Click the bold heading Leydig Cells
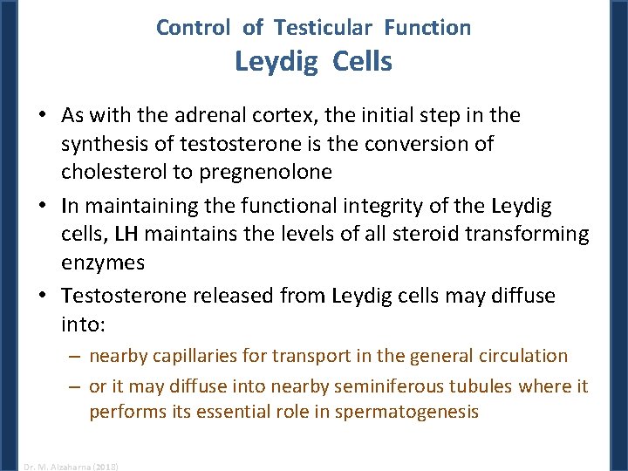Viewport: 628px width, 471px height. coord(313,62)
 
